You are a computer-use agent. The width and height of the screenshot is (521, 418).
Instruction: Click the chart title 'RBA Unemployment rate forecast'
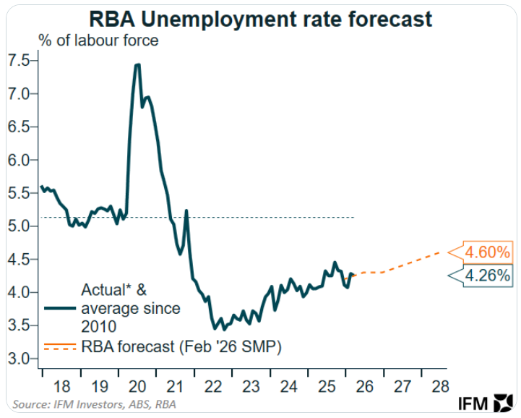[x=260, y=18]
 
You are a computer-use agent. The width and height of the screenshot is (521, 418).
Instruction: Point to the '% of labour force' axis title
[x=98, y=40]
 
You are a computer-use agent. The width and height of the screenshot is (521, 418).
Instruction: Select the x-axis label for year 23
[x=251, y=385]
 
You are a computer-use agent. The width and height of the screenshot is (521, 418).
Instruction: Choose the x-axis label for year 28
[x=439, y=385]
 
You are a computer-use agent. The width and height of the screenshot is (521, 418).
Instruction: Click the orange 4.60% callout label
[x=488, y=252]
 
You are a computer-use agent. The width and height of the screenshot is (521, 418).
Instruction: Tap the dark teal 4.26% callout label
[x=488, y=276]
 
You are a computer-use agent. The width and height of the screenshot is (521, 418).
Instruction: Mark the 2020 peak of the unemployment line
[x=137, y=64]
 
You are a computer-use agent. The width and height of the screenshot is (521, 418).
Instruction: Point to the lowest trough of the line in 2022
[x=215, y=328]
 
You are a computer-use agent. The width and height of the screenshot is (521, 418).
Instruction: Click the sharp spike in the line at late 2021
[x=186, y=211]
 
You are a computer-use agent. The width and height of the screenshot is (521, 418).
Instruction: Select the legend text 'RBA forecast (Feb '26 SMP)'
[x=182, y=347]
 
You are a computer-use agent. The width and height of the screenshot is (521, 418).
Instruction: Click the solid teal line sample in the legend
[x=60, y=308]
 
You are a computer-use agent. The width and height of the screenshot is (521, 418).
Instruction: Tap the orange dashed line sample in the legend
[x=60, y=347]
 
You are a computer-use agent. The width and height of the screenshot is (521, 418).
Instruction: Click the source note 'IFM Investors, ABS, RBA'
[x=94, y=404]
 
